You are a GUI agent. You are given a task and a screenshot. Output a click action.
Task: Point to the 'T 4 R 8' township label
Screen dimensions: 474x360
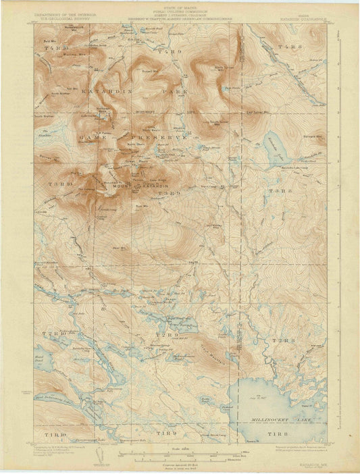point(289,47)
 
